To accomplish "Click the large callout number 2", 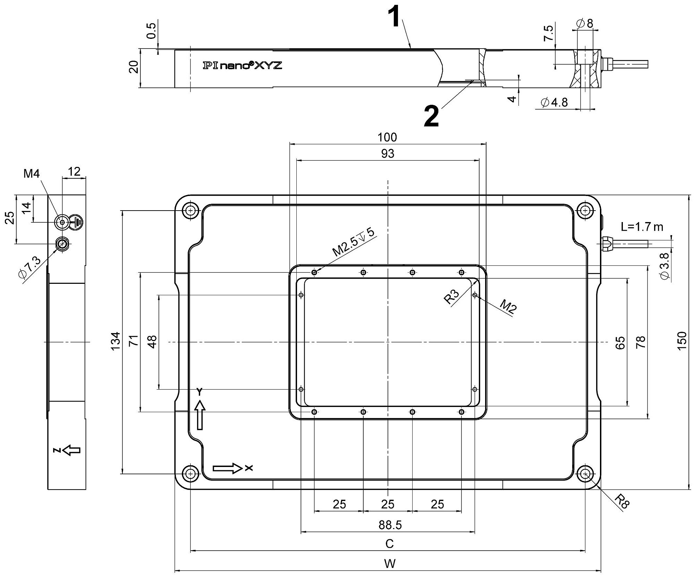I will (x=431, y=117).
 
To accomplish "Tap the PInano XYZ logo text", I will (x=242, y=65).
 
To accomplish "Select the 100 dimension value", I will (x=387, y=137).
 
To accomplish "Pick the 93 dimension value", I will (x=387, y=153).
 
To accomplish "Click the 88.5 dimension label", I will (x=390, y=525).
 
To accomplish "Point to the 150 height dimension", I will (x=682, y=341).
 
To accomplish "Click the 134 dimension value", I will (x=116, y=341).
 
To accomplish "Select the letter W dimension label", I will (x=390, y=564).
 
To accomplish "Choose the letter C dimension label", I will (x=389, y=544).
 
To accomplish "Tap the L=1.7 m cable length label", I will (x=642, y=227).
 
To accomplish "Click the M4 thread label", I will (x=32, y=173).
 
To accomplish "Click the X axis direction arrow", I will (x=227, y=468).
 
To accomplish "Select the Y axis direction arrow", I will (x=200, y=415).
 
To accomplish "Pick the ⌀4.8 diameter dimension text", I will (x=555, y=102).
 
